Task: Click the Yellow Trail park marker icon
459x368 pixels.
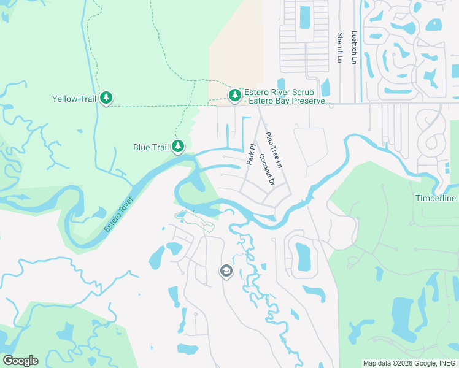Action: (x=106, y=98)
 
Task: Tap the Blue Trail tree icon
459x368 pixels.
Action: (x=178, y=147)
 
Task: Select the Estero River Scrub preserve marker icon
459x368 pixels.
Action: (x=234, y=95)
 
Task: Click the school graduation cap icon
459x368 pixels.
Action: (x=226, y=270)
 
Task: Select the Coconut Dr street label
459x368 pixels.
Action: (x=264, y=171)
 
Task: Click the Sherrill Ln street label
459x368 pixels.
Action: (x=339, y=48)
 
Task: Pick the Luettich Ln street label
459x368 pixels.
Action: (x=354, y=48)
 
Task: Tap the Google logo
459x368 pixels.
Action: (x=20, y=361)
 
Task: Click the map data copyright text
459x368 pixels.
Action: (x=409, y=363)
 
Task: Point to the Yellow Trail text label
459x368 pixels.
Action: (x=74, y=99)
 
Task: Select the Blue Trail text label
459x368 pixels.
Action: (x=151, y=147)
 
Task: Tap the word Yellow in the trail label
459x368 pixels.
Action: (x=64, y=99)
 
